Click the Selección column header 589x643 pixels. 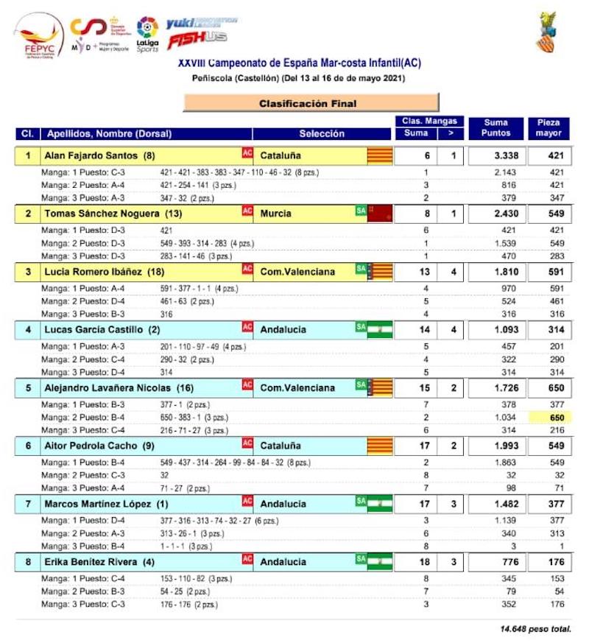tap(322, 134)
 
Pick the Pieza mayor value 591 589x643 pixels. tap(549, 272)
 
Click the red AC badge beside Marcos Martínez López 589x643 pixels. tap(247, 502)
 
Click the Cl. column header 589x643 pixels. tap(27, 134)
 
